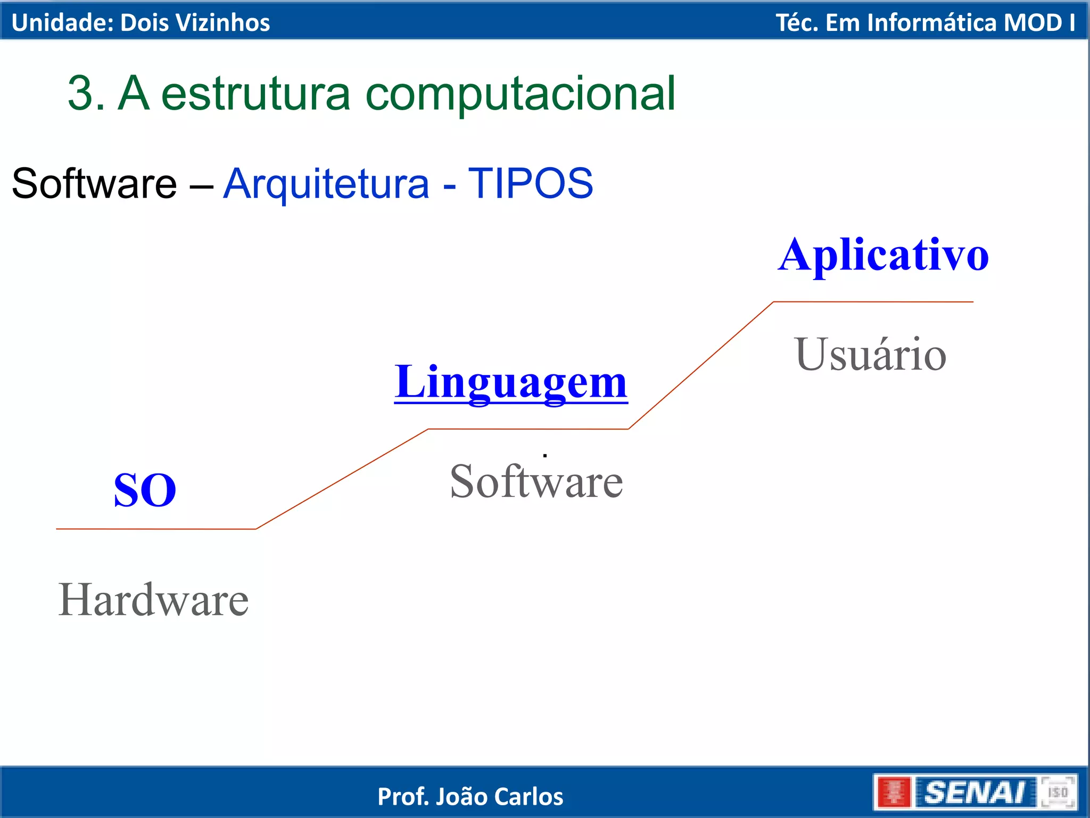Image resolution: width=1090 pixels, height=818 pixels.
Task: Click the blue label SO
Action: (145, 490)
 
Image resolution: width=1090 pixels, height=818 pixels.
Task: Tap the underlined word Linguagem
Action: (511, 382)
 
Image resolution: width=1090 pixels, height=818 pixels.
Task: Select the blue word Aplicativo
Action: (883, 256)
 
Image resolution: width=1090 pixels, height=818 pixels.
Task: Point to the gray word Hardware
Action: (153, 600)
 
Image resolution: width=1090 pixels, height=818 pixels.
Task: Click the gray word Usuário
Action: (871, 355)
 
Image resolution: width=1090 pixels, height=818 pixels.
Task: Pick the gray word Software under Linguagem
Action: (536, 481)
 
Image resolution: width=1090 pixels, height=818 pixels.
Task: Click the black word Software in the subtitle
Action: (94, 183)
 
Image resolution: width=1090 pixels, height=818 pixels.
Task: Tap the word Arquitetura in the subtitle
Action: (326, 183)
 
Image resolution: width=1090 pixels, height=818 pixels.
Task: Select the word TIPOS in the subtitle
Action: (530, 183)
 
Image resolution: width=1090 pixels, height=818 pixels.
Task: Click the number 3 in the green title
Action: (81, 93)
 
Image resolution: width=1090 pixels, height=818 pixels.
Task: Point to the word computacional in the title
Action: (521, 93)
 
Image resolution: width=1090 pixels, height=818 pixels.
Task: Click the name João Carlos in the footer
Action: (499, 797)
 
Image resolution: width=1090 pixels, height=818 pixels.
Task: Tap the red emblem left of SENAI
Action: (894, 792)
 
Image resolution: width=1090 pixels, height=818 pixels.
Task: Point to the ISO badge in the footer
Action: (1058, 792)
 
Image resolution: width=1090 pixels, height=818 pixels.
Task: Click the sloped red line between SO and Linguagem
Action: (342, 479)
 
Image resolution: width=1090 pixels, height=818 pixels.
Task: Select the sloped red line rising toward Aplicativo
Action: (701, 365)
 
